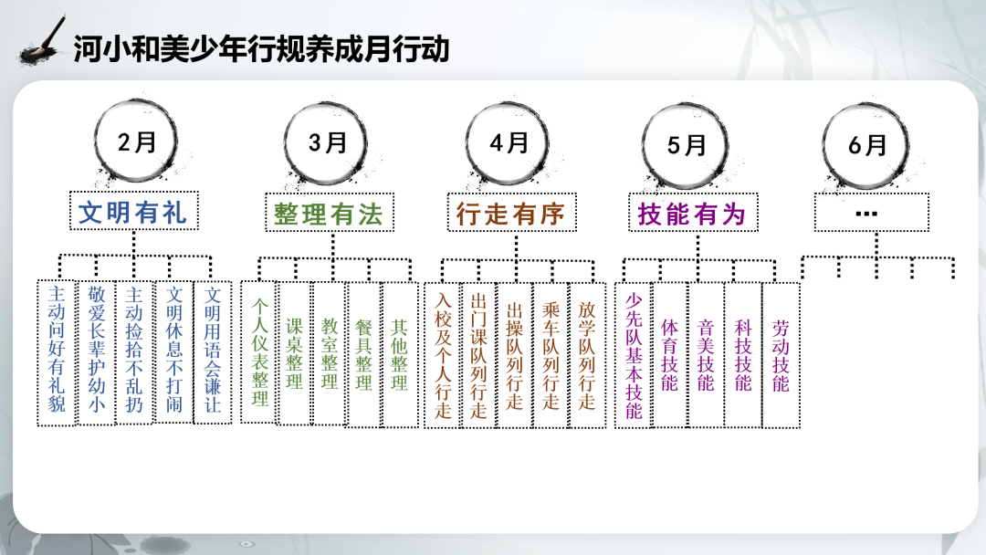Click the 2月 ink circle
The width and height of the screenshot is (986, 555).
[96, 142]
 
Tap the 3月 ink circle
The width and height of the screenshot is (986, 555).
[286, 143]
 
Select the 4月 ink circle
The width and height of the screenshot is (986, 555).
[467, 143]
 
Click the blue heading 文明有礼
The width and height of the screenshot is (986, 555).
[133, 211]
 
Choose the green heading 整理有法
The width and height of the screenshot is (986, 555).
[329, 213]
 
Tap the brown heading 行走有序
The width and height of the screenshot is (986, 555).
[511, 213]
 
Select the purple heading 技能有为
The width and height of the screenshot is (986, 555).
[692, 213]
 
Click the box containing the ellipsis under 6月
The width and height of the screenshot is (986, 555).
[871, 213]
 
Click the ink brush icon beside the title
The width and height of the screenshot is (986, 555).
[42, 41]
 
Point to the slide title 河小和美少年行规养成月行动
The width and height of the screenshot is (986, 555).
[261, 49]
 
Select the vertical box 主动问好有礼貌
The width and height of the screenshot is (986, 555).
[57, 352]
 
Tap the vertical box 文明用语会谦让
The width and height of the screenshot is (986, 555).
[213, 352]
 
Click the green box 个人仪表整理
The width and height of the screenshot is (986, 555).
[259, 352]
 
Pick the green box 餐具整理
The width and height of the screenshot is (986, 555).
[363, 354]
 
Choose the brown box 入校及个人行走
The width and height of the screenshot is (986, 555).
[443, 355]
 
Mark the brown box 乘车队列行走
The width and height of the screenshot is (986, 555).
[551, 355]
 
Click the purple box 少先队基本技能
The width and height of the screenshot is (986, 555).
[634, 355]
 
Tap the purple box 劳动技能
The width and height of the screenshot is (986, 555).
[781, 355]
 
